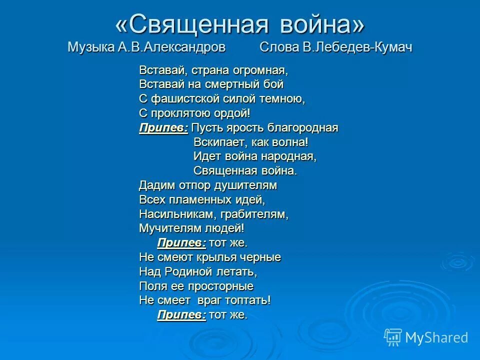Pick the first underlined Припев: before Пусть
163,127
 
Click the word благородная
302,127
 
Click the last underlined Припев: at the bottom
181,315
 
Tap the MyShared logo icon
393,337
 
